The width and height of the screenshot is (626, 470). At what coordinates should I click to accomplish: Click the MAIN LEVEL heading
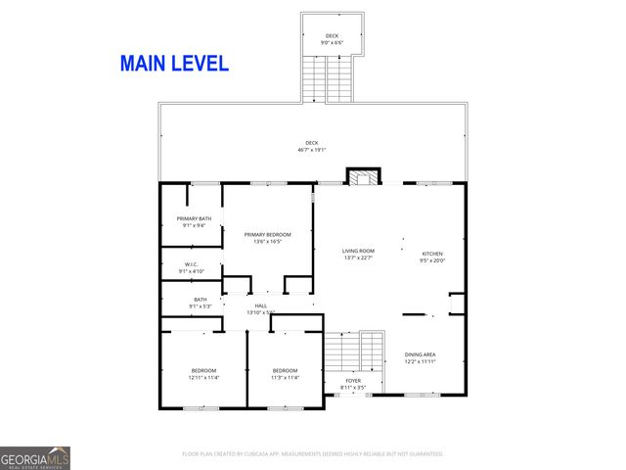pyautogui.click(x=174, y=64)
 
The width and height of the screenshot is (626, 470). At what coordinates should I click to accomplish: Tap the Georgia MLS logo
pyautogui.click(x=35, y=457)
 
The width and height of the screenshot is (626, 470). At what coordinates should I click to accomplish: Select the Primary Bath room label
pyautogui.click(x=194, y=221)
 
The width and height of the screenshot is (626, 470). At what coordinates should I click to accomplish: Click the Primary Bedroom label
pyautogui.click(x=267, y=237)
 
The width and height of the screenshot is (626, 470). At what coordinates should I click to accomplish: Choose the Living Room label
pyautogui.click(x=358, y=254)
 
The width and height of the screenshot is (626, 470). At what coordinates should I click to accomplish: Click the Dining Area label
pyautogui.click(x=420, y=357)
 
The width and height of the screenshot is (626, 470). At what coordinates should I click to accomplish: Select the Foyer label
pyautogui.click(x=353, y=383)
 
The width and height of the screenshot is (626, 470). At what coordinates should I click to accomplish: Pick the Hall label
pyautogui.click(x=261, y=308)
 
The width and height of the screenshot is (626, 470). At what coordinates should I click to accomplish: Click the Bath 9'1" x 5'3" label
pyautogui.click(x=200, y=303)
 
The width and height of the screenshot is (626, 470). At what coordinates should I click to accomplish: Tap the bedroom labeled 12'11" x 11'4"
pyautogui.click(x=204, y=373)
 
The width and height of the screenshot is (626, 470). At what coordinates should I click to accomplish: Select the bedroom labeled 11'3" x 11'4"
pyautogui.click(x=285, y=373)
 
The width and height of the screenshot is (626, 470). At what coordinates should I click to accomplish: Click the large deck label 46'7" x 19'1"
pyautogui.click(x=312, y=146)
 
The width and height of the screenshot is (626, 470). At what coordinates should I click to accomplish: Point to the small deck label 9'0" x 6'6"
pyautogui.click(x=333, y=39)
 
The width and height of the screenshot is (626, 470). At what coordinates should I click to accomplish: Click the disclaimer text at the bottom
pyautogui.click(x=312, y=454)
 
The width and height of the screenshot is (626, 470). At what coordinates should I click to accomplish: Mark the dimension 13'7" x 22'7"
pyautogui.click(x=358, y=258)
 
